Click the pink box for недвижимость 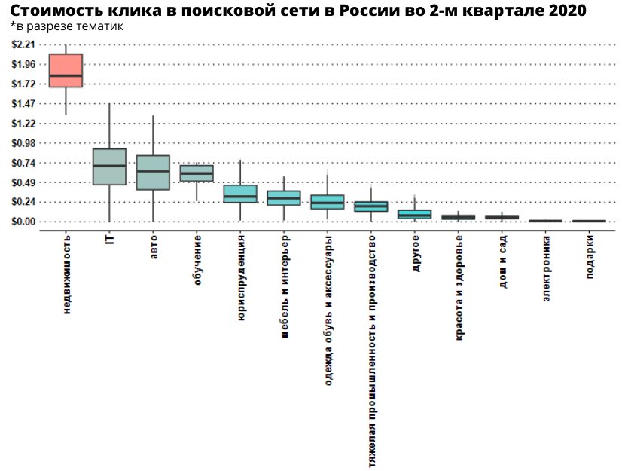[66, 66]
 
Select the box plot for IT [109, 167]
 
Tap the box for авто [153, 173]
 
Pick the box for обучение [197, 173]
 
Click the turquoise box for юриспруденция [240, 194]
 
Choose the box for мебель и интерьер [284, 197]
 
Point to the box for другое [415, 215]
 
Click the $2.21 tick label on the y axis [24, 44]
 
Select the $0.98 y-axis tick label [24, 143]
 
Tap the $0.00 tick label [24, 222]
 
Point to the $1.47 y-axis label [24, 103]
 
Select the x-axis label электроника [546, 268]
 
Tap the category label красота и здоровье [459, 287]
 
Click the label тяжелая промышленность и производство [371, 350]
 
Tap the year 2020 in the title [565, 11]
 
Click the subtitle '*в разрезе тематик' [67, 26]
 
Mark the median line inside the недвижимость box [66, 75]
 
